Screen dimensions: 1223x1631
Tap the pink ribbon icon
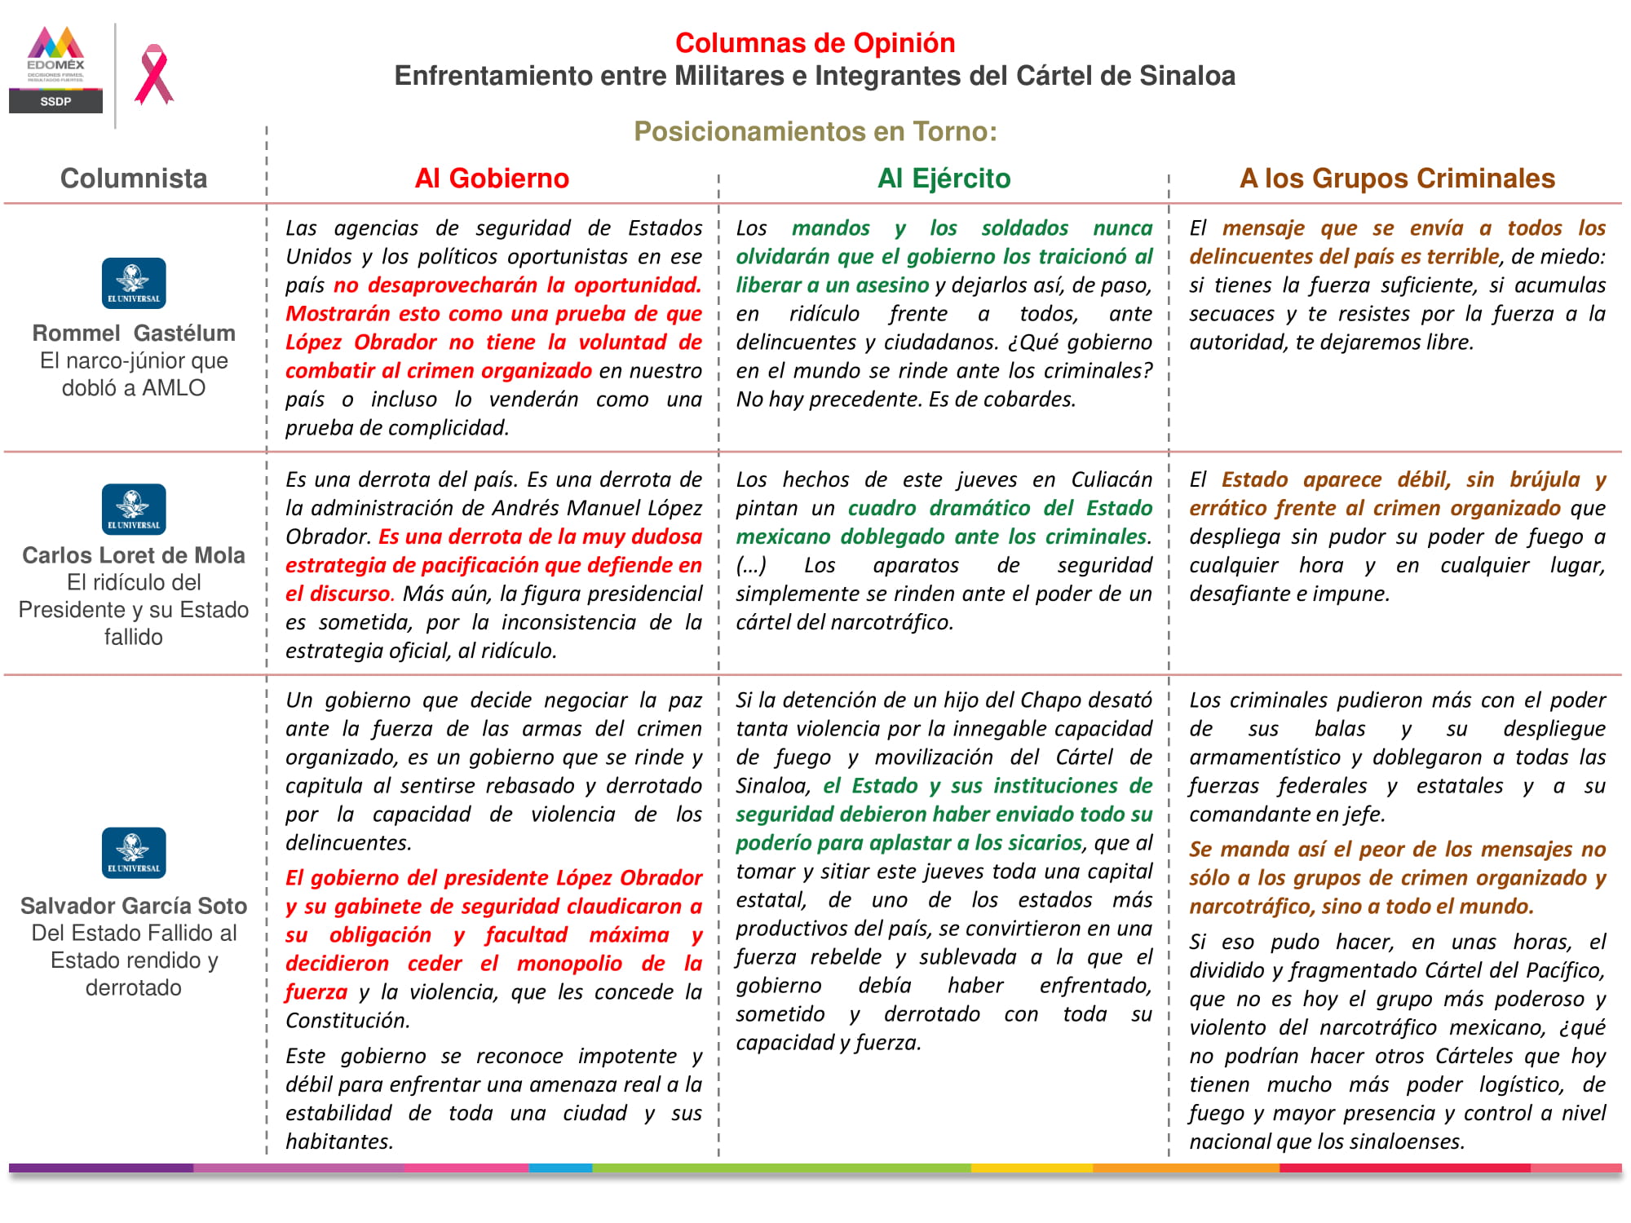(x=154, y=75)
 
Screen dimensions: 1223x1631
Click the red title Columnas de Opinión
(x=815, y=42)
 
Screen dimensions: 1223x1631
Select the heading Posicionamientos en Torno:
(x=815, y=131)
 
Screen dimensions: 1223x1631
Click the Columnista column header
(x=134, y=178)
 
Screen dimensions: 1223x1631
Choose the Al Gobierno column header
(x=492, y=178)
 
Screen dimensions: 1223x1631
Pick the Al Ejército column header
(x=944, y=178)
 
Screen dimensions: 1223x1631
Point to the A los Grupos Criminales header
(x=1397, y=178)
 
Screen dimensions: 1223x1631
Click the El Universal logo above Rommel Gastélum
(x=134, y=283)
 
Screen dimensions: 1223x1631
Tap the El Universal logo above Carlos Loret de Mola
(x=134, y=509)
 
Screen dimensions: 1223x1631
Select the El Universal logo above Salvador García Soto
(x=134, y=852)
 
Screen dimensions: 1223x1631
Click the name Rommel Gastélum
(x=134, y=333)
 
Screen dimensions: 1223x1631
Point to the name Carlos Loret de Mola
(x=134, y=555)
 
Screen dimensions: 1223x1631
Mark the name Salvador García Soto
(x=134, y=906)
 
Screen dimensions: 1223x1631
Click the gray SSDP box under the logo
(x=55, y=101)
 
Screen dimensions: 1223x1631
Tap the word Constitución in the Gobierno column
(x=346, y=1021)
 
